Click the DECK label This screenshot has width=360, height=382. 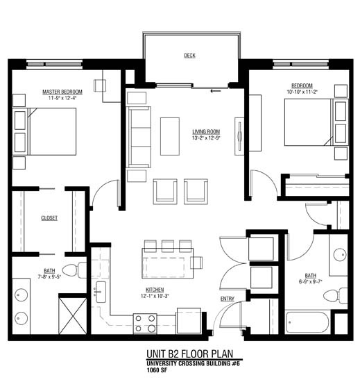click(x=189, y=55)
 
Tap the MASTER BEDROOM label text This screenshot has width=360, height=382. click(x=62, y=92)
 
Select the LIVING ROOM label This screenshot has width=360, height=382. click(x=206, y=131)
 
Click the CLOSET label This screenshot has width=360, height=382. click(x=49, y=217)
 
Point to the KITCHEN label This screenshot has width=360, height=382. click(x=154, y=290)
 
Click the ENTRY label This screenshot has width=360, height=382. click(x=228, y=299)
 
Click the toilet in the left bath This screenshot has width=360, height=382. click(x=73, y=270)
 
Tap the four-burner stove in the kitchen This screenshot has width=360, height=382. click(x=145, y=322)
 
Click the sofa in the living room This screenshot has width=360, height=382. click(x=139, y=136)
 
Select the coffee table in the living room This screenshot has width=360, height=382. click(x=170, y=136)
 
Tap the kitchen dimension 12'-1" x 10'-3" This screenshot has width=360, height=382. click(x=154, y=297)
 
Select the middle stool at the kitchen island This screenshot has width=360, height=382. click(x=167, y=244)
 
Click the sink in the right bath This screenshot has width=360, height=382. click(x=340, y=254)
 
